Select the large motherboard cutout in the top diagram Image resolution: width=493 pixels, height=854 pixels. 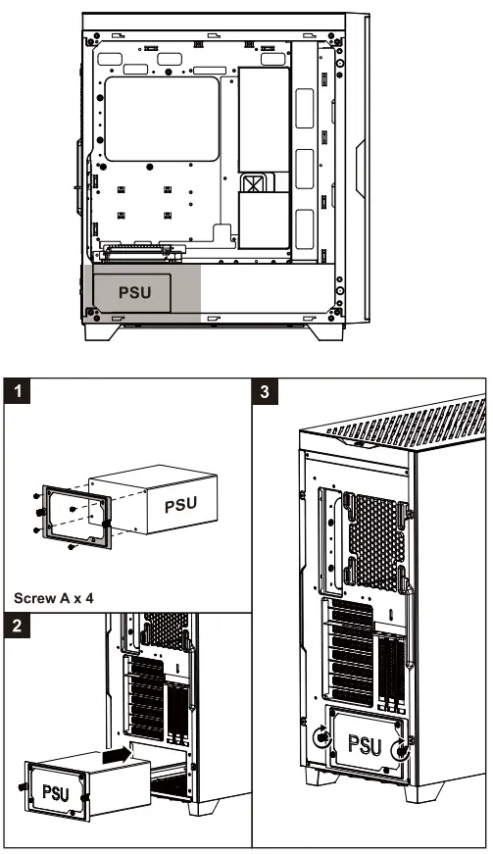(x=162, y=120)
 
